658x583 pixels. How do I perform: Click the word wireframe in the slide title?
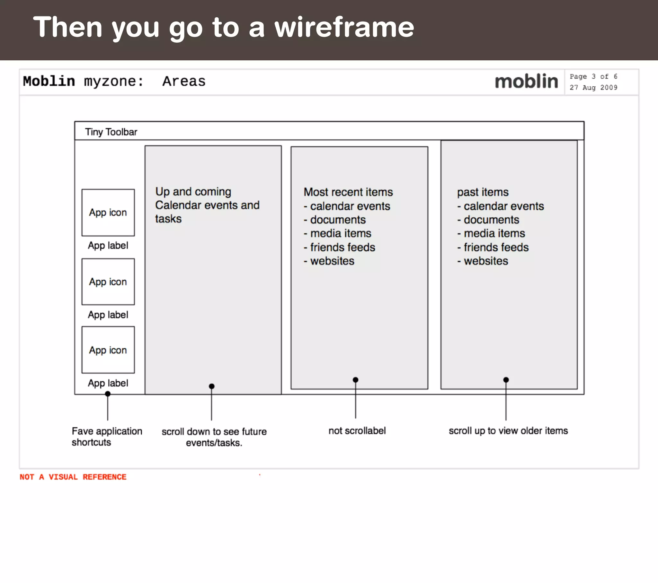coord(344,27)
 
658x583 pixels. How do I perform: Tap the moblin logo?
coord(526,81)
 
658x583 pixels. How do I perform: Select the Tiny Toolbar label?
coord(111,132)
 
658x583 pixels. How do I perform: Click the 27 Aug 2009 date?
coord(593,88)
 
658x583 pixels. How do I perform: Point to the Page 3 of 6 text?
coord(593,77)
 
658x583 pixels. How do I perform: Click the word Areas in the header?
coord(184,81)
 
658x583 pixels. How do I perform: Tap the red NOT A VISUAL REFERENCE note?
coord(73,477)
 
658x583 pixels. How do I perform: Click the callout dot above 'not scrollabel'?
coord(355,380)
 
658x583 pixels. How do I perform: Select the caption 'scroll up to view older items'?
coord(508,431)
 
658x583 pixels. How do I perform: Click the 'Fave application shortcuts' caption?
coord(107,437)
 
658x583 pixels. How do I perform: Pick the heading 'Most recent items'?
coord(348,192)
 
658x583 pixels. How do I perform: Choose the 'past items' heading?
coord(483,192)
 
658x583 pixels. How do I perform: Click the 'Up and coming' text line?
coord(193,192)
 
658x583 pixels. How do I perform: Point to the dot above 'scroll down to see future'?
coord(211,386)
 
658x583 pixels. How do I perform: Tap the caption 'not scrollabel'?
coord(357,431)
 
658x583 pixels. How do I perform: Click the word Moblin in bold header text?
coord(49,81)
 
